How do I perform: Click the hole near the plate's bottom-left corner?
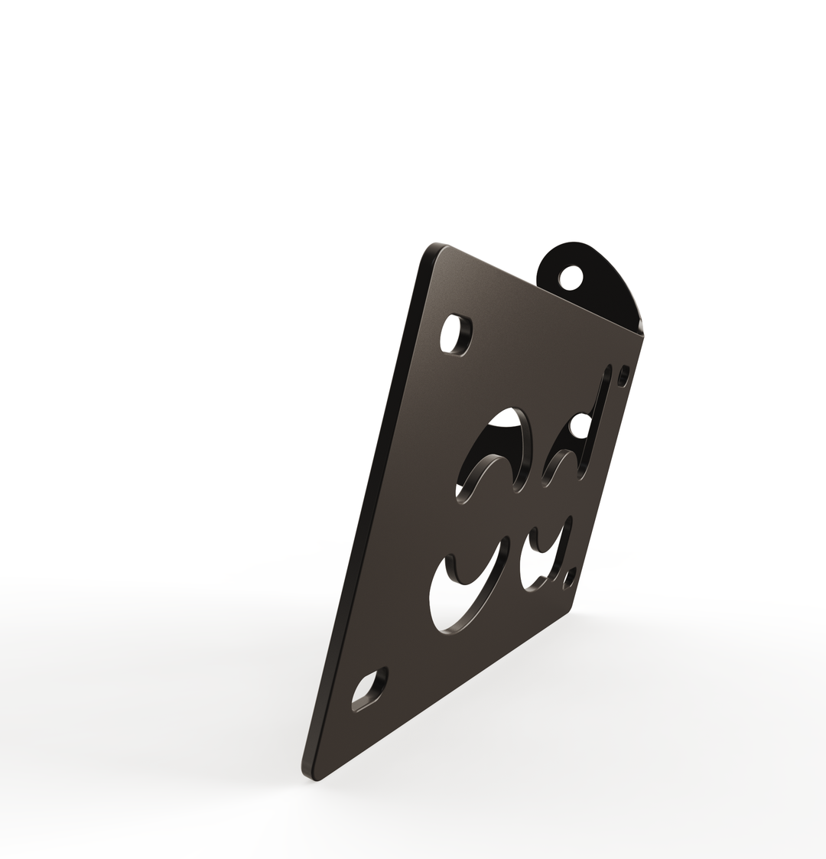[x=369, y=689]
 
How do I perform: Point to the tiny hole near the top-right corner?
[x=623, y=375]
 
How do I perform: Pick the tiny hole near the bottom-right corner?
[x=569, y=579]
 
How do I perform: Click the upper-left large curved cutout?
[x=493, y=451]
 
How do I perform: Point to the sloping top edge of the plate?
[x=535, y=291]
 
